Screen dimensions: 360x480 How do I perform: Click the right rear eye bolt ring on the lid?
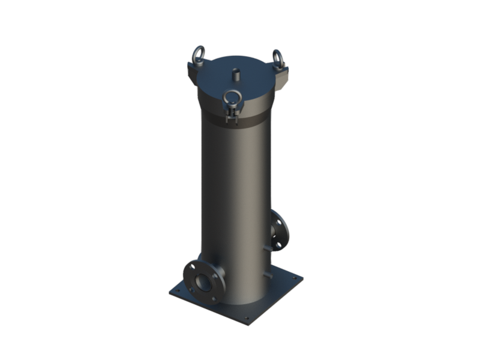(x=278, y=58)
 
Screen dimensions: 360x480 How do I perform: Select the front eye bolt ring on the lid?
(x=231, y=97)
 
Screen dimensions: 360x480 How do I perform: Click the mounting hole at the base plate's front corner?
(x=245, y=319)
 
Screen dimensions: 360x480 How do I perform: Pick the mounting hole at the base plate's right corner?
(x=294, y=278)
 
